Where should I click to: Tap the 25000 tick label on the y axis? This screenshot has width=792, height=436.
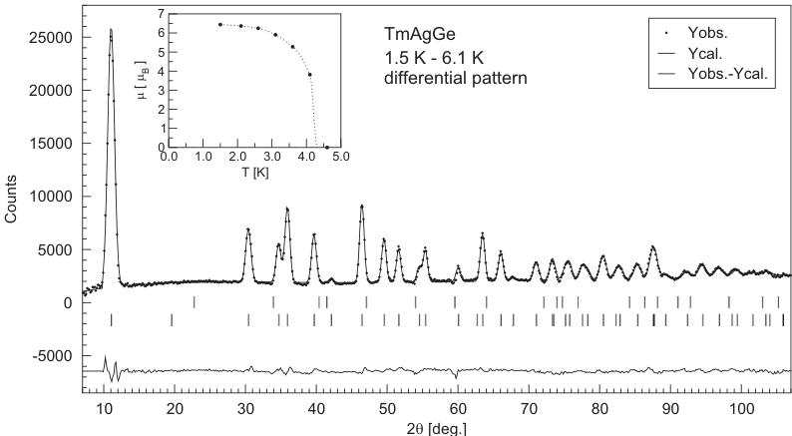50,38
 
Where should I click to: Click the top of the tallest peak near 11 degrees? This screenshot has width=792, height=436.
111,30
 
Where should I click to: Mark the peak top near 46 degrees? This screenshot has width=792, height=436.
362,207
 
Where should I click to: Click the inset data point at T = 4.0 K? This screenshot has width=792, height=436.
309,75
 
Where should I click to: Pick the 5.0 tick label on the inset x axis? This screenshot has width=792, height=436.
340,158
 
